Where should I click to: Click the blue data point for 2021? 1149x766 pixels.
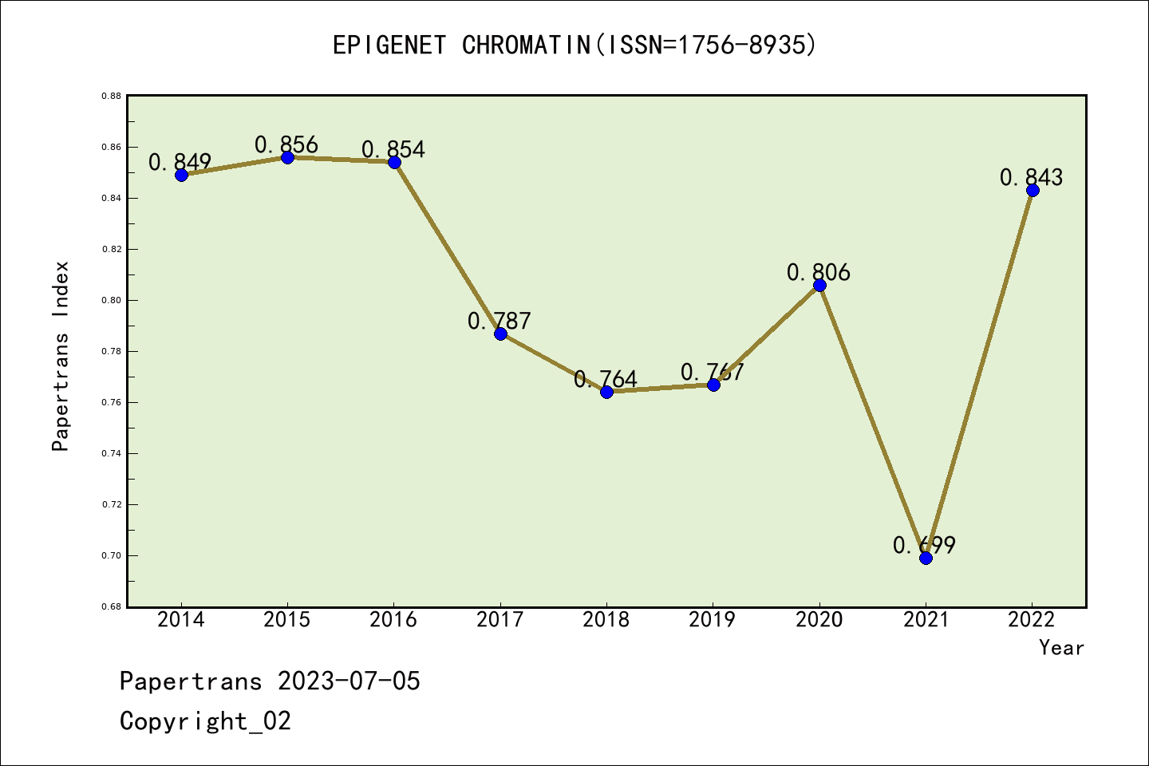926,558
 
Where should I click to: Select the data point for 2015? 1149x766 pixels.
287,157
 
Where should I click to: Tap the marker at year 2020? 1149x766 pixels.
819,285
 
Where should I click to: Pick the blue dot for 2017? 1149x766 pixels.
500,334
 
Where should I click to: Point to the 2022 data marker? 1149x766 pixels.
1033,190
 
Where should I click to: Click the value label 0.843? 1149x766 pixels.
1031,177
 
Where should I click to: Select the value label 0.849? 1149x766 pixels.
180,162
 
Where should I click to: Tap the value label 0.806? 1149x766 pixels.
818,273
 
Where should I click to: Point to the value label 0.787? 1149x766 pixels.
499,321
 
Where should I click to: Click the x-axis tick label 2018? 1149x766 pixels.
606,620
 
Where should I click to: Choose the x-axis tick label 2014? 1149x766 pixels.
181,620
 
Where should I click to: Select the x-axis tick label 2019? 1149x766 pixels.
713,620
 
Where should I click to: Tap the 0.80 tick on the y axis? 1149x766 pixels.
111,300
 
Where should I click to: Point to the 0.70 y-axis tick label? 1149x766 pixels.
111,555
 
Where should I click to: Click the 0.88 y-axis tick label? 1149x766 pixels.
111,96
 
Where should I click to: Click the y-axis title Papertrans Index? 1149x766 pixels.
61,356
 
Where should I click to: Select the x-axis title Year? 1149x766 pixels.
1061,648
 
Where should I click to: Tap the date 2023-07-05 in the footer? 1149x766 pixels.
349,681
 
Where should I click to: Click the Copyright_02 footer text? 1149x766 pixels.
205,721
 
